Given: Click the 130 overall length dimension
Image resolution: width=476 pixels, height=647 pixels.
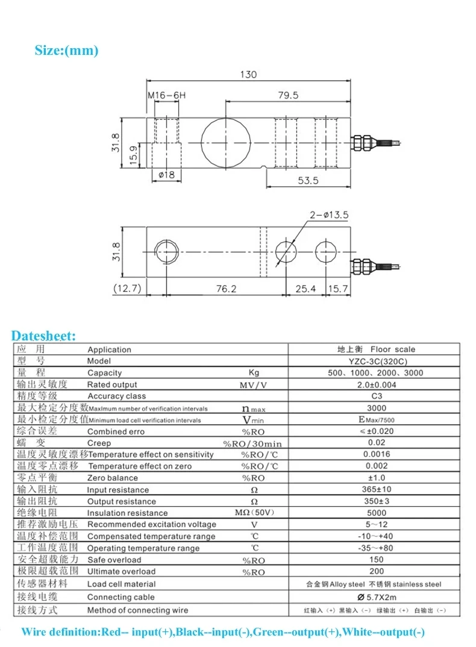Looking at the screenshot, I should point(248,75).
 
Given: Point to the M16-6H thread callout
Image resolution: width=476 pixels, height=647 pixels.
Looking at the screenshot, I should point(167,96).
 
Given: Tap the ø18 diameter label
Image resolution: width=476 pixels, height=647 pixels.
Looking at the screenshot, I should point(166,175).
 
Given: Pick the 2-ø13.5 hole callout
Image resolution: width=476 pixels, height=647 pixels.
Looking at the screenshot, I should point(329,214).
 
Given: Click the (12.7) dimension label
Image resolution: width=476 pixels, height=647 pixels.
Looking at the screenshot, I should point(127,289).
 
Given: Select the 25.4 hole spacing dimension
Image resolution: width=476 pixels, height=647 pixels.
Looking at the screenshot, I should point(305,289).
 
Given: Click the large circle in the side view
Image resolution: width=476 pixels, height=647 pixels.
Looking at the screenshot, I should point(224,142).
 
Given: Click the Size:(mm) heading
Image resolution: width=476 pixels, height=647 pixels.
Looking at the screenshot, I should point(66,51).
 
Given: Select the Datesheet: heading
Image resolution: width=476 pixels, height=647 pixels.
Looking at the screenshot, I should point(44,336).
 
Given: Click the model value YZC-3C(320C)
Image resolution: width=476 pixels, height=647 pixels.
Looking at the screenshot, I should point(376,361).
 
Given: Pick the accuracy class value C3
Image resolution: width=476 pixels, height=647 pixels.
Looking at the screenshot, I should point(376,396).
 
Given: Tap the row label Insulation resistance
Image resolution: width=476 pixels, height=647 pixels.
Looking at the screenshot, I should point(127,513).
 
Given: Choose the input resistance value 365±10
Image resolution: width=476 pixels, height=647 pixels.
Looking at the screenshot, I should point(376,489).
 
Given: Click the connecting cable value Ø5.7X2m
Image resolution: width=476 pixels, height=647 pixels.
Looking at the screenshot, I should point(376,597).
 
